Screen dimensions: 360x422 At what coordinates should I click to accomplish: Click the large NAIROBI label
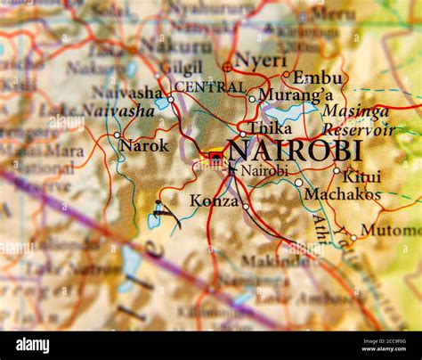pos(294,150)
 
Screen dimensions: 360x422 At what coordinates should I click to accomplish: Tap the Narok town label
pos(143,144)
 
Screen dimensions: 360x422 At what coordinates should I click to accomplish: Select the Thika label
pos(270,128)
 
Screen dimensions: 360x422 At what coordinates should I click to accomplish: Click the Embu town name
pos(317,78)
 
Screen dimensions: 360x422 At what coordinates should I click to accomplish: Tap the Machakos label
pos(342,193)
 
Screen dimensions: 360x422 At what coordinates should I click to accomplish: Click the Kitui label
pos(361,176)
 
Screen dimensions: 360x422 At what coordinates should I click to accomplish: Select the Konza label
pos(214,201)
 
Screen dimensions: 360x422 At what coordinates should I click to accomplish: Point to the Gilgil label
pos(182,68)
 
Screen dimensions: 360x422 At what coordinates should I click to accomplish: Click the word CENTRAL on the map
pos(209,87)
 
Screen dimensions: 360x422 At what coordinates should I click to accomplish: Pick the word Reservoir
pos(358,130)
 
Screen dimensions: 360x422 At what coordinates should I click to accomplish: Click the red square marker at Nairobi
pos(215,158)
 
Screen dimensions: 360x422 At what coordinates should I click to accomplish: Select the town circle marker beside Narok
pos(117,135)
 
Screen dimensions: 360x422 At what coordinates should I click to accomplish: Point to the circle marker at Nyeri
pos(227,66)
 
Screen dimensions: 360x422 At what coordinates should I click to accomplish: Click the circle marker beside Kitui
pos(337,170)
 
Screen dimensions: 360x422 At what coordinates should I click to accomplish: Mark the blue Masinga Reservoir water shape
pos(287,113)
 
